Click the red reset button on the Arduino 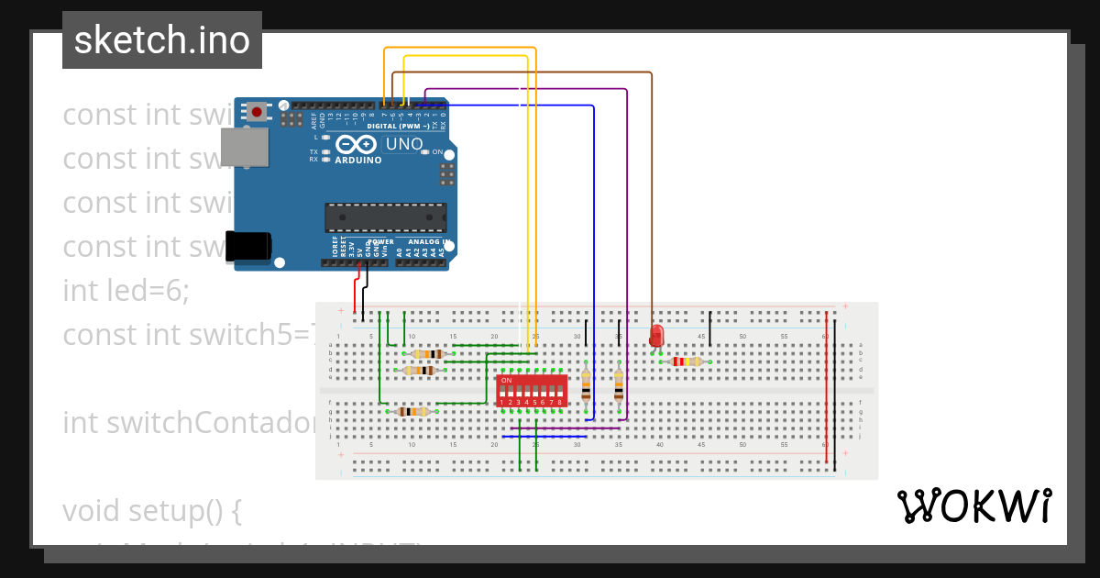[x=257, y=112]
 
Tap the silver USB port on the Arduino [x=244, y=147]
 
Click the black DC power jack [x=248, y=246]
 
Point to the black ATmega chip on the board [x=385, y=217]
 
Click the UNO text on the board [x=403, y=144]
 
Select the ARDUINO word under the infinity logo [x=358, y=161]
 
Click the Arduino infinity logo [x=357, y=145]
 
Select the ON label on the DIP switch [x=506, y=379]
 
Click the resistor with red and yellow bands [x=687, y=361]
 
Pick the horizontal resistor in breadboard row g [x=413, y=412]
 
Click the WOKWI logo [x=973, y=506]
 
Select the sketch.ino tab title [x=162, y=40]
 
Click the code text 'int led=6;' [x=126, y=291]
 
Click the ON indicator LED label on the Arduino [x=437, y=152]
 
